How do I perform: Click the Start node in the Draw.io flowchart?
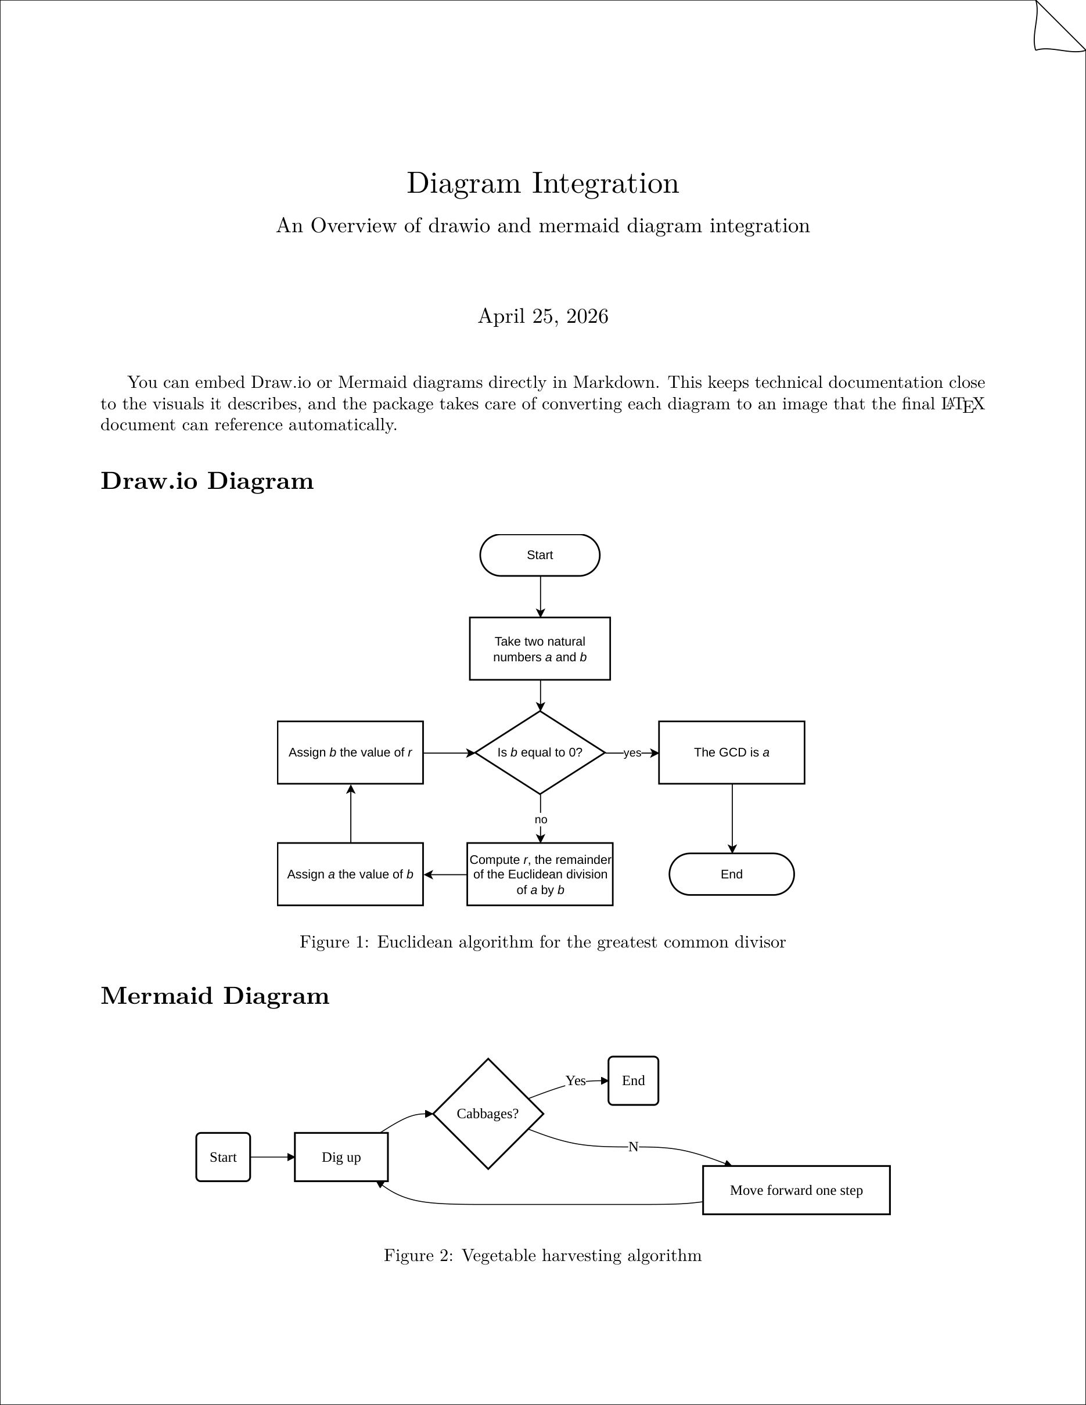click(540, 555)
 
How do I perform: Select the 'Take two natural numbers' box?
click(540, 649)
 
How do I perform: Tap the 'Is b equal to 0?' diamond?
click(540, 752)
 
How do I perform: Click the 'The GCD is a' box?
click(732, 752)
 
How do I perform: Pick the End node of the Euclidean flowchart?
click(732, 874)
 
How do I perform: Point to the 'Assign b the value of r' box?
click(350, 752)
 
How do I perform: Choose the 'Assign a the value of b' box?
click(350, 874)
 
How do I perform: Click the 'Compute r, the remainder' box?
click(540, 874)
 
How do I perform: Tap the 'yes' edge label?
click(632, 752)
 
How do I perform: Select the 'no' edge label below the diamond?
click(541, 820)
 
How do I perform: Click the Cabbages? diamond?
click(488, 1114)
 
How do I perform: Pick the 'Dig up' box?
click(341, 1157)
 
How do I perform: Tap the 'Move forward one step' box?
click(796, 1190)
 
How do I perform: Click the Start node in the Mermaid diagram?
click(223, 1157)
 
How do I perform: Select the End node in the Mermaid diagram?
click(633, 1081)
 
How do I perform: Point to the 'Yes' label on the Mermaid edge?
click(575, 1081)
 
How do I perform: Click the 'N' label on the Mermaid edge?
click(633, 1147)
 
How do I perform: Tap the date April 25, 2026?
click(543, 316)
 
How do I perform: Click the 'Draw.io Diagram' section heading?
click(207, 481)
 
